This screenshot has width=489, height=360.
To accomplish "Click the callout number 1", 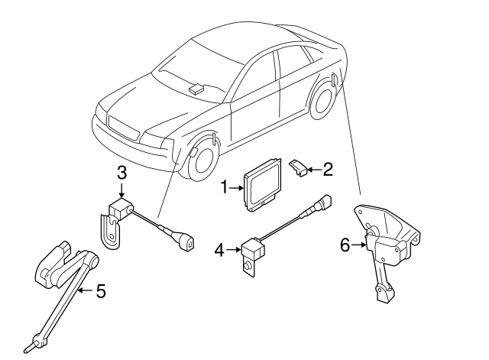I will point(225,186).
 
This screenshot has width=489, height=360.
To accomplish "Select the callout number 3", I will point(121,174).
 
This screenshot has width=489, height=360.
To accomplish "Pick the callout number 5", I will point(99,291).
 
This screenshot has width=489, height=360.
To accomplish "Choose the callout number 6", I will point(345,245).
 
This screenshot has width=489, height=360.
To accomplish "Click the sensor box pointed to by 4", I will point(253,248).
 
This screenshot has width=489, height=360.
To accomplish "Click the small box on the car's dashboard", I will point(197,87).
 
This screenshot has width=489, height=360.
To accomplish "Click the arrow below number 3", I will point(121,191).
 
